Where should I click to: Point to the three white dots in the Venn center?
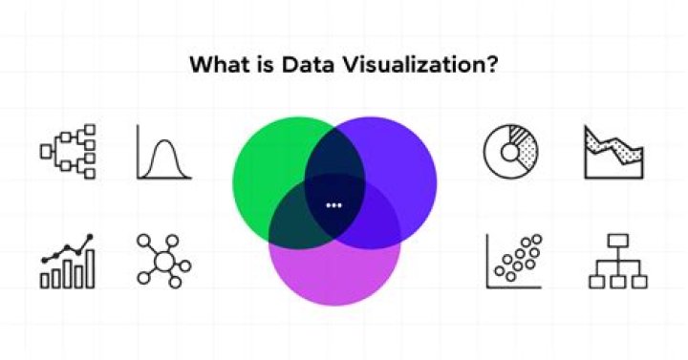pos(333,205)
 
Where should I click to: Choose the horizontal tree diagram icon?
pos(68,151)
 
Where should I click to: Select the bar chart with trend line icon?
pos(68,261)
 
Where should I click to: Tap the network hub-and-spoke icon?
pos(163,260)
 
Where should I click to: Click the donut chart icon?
pos(512,152)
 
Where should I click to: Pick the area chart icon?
pos(614,152)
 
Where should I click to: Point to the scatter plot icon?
pos(513,261)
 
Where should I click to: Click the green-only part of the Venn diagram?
pos(268,162)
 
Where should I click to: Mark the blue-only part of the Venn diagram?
pos(401,162)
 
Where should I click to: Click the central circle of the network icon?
pos(163,260)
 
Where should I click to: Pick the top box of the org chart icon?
pos(616,243)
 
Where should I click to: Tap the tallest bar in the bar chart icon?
pos(91,267)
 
